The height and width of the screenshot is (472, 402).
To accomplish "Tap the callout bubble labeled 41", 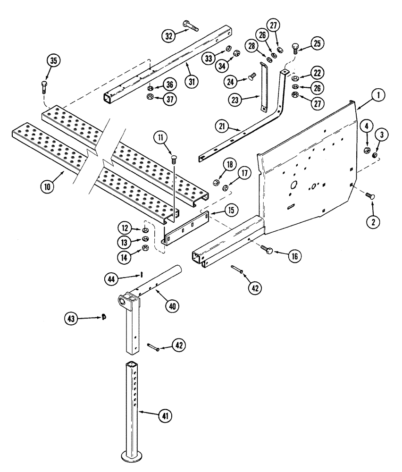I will [165, 416].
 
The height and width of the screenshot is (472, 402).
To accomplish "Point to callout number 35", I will [54, 61].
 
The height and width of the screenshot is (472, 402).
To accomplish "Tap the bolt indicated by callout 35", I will [44, 87].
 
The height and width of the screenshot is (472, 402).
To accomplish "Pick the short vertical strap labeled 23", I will [262, 87].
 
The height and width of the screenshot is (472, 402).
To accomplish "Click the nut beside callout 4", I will [366, 151].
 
